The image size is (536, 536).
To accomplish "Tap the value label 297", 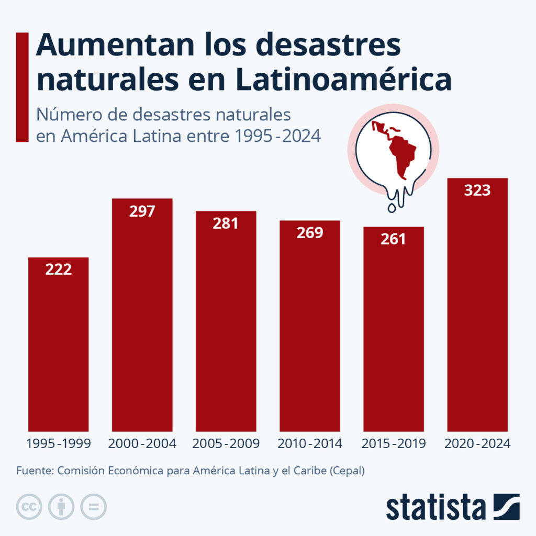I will (142, 211).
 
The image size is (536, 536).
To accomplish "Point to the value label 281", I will (226, 224).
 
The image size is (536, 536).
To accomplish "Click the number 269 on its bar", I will (310, 233).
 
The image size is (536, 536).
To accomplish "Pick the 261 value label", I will (393, 239).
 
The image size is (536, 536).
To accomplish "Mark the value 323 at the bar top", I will (477, 191).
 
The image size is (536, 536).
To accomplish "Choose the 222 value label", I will (58, 270).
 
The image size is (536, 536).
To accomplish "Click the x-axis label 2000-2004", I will (142, 444).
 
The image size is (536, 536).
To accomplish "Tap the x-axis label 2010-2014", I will (310, 444).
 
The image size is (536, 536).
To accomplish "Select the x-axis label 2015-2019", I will (393, 444).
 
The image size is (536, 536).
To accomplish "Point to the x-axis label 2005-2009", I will (226, 444).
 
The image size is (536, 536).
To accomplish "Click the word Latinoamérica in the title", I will (343, 80).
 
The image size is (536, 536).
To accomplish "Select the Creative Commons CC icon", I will (29, 506).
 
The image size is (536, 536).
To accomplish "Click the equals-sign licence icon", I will (93, 506).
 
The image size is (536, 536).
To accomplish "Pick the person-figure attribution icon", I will (61, 506).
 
